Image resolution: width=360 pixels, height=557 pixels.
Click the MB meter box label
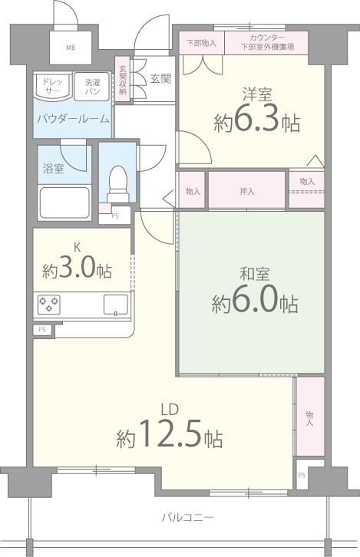point(71,48)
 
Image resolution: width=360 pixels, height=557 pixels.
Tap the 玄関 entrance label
point(160,77)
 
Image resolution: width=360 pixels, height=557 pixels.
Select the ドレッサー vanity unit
point(53,87)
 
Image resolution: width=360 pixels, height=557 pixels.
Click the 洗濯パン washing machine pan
point(92,87)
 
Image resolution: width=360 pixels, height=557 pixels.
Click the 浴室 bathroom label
point(54,167)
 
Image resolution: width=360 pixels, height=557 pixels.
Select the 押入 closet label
point(247,190)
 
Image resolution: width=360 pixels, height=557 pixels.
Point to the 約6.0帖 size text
point(256,302)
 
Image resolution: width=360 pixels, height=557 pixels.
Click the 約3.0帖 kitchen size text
point(76,270)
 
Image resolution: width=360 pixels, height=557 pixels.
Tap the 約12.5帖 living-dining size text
point(170,437)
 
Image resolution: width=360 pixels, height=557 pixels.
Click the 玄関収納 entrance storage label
point(123,81)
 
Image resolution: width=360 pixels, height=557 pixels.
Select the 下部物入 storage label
point(202,43)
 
